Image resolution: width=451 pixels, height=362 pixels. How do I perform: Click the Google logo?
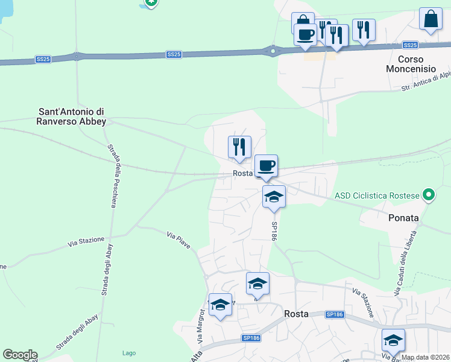point(20,355)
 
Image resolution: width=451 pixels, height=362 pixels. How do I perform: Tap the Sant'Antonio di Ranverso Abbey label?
point(72,116)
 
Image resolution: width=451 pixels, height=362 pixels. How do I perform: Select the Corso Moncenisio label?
point(417,64)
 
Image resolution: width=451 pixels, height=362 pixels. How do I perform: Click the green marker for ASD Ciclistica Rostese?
point(429,195)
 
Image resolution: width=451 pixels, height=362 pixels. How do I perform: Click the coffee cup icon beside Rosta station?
point(266,165)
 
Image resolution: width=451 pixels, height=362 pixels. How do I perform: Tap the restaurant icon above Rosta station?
point(239,147)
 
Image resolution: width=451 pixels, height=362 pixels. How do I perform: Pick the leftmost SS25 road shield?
point(42,59)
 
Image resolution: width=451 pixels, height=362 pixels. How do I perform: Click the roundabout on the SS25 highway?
point(273,51)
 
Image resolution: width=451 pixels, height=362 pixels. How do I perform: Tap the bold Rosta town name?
point(296,314)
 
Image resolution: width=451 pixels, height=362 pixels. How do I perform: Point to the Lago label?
point(128,353)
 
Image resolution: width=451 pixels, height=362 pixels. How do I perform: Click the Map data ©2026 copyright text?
point(425,357)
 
